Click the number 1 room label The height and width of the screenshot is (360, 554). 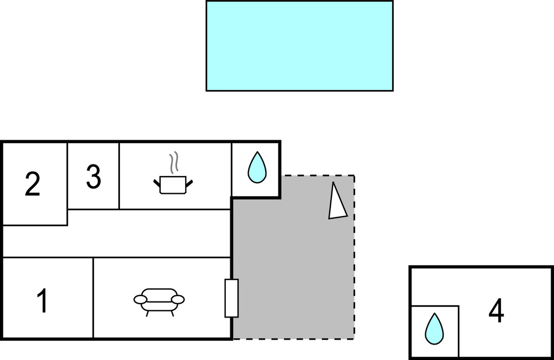(x=43, y=301)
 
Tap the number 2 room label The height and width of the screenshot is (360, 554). (x=33, y=184)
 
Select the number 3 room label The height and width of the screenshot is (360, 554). (x=93, y=177)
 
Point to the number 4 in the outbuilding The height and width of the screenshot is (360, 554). (x=496, y=311)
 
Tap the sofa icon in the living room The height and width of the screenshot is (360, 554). (x=159, y=300)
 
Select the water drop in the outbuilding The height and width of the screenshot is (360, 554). (x=434, y=329)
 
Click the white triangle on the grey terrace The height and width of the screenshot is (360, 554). (x=336, y=202)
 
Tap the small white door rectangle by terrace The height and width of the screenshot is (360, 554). (x=231, y=298)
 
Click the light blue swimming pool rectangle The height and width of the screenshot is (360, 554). (x=299, y=45)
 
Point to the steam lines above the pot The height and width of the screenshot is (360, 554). (x=175, y=162)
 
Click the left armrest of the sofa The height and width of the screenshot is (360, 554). (x=140, y=299)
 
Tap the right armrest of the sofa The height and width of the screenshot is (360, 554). (x=178, y=299)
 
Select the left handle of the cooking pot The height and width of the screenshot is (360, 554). (x=156, y=181)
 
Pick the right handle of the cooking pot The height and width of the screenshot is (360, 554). (x=189, y=181)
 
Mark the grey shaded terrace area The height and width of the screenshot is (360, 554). (x=293, y=265)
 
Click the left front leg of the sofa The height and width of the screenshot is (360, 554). (x=147, y=314)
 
